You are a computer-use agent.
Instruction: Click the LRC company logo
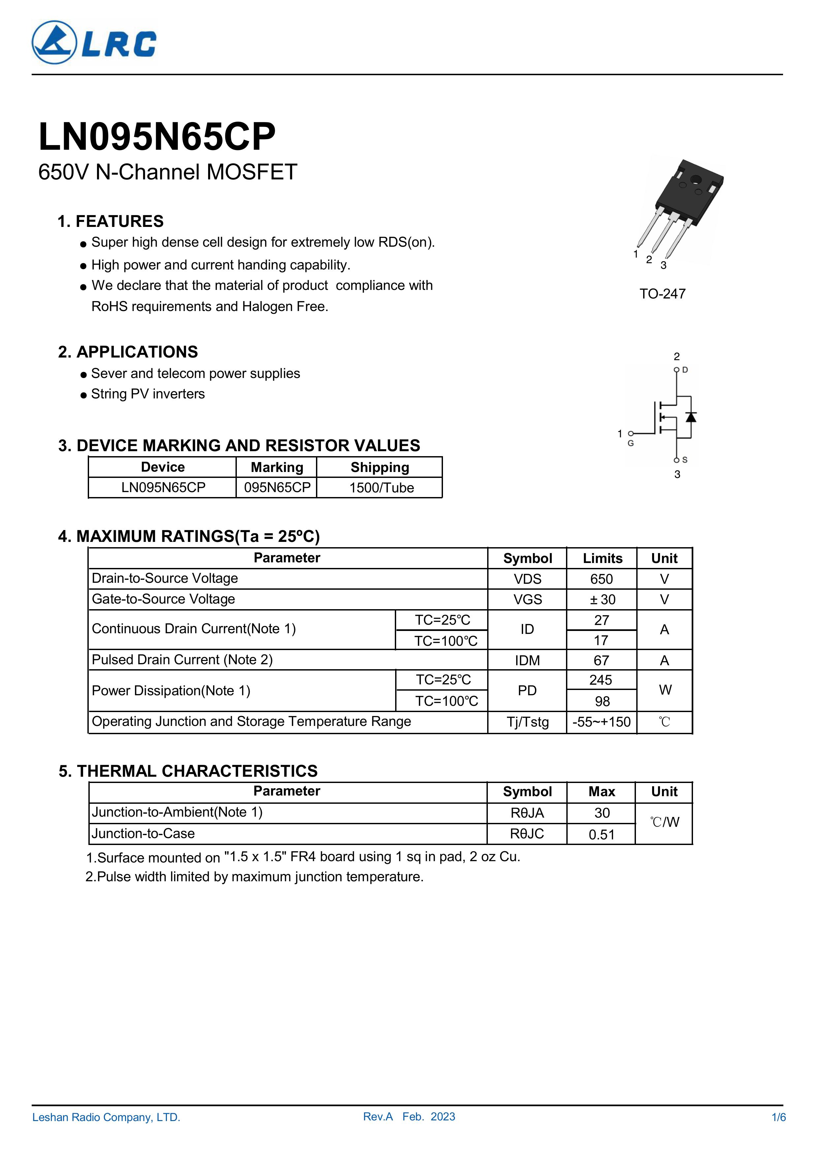94,43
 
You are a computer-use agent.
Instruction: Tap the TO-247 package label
662,294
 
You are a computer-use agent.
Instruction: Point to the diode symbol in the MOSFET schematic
691,417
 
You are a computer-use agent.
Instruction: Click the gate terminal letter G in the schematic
631,444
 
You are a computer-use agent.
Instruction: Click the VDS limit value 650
601,579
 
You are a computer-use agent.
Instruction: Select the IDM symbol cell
527,660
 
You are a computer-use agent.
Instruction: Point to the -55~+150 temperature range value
601,722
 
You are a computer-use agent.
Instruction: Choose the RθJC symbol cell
527,834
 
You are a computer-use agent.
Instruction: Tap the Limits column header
602,558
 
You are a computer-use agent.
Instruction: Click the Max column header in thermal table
602,792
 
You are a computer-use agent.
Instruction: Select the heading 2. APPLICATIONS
128,352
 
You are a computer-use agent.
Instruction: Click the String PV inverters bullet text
148,394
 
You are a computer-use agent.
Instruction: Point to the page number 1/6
778,1117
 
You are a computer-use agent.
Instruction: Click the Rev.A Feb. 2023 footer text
409,1117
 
